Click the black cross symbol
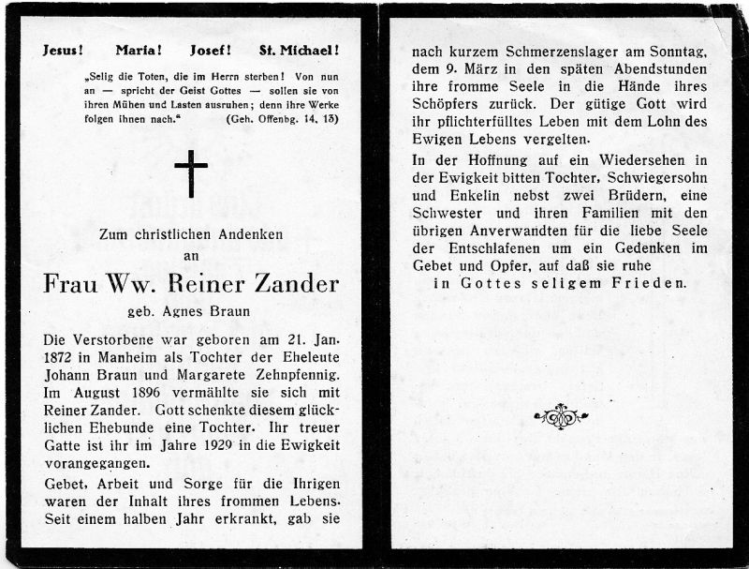(191, 175)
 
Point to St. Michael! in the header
(299, 51)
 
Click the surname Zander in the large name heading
(290, 283)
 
